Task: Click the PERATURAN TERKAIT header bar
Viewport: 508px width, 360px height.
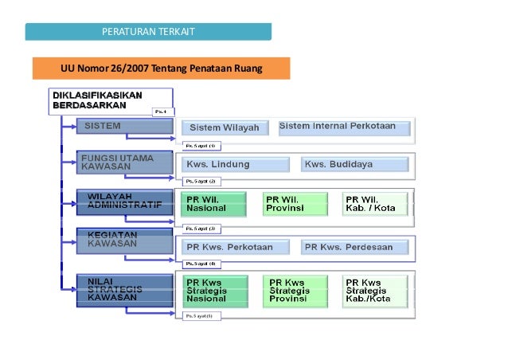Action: [148, 32]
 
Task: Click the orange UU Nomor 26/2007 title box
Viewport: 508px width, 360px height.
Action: [161, 69]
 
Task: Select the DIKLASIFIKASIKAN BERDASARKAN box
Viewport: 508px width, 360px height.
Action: [104, 100]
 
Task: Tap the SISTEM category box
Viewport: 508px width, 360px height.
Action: [124, 127]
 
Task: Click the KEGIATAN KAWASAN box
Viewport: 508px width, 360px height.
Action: [124, 241]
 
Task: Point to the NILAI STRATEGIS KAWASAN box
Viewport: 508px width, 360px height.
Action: [124, 290]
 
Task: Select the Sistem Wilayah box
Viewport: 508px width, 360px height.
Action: [227, 127]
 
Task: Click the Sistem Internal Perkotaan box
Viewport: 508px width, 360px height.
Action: [345, 127]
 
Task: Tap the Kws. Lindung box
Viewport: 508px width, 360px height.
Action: [233, 164]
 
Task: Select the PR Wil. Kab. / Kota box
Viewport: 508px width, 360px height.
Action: [375, 203]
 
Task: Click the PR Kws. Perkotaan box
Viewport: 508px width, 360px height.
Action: [233, 247]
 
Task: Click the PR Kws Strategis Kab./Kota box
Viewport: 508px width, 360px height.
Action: [375, 292]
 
